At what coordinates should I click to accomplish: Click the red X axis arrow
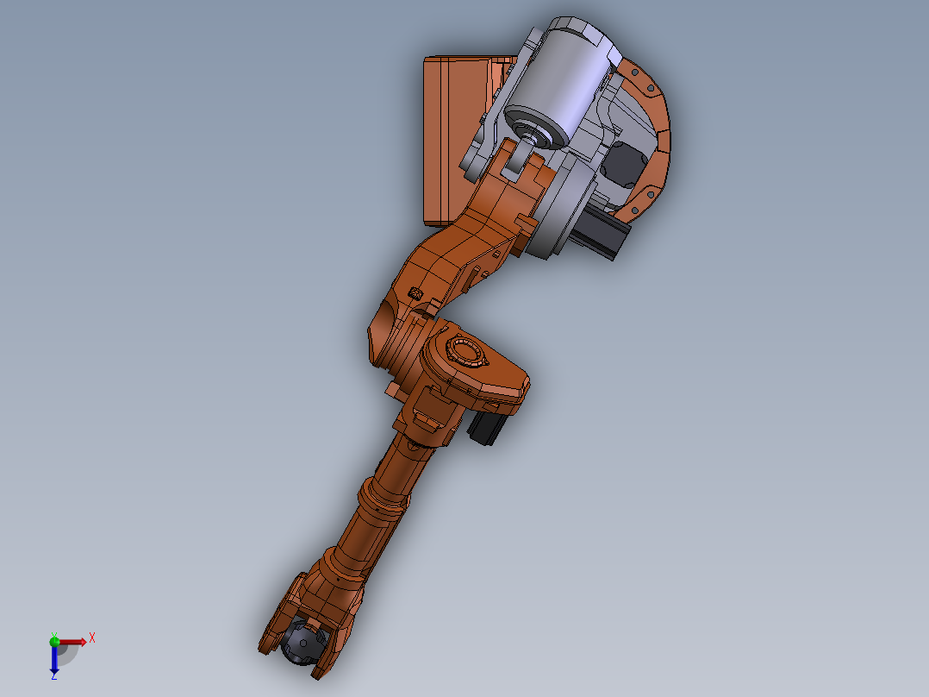tap(74, 641)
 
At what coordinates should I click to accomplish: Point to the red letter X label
tap(91, 638)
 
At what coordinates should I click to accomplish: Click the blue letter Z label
tap(53, 677)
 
